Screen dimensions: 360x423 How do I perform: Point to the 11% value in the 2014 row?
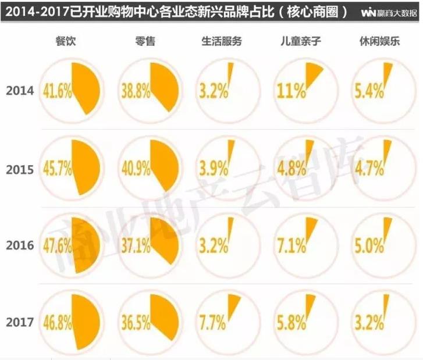(291, 91)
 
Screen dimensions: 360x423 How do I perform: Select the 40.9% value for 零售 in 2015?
(136, 169)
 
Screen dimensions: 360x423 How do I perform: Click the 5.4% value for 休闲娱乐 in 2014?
(369, 91)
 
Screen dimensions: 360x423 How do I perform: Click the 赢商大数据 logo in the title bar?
(389, 12)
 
